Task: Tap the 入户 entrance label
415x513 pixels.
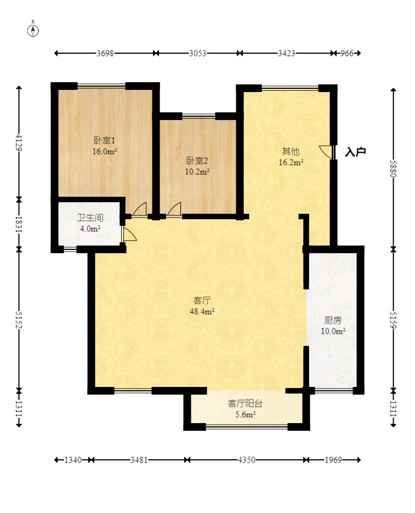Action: [355, 152]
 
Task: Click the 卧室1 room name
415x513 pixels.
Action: [104, 140]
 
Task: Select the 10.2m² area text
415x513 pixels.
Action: [197, 172]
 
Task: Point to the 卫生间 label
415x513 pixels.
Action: [90, 218]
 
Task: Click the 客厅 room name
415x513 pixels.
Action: [202, 300]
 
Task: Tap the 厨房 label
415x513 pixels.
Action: [333, 320]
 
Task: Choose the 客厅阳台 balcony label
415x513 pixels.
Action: [245, 403]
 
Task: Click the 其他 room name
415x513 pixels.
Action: [291, 151]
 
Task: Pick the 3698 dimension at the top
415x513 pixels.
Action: [105, 53]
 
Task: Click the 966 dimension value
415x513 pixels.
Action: [347, 53]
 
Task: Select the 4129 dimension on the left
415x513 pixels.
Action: [19, 142]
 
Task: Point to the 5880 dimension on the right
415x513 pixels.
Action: [393, 169]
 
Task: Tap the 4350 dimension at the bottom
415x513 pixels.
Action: [247, 460]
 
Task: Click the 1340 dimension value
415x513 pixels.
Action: [73, 460]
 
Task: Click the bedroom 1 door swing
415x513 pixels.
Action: [140, 209]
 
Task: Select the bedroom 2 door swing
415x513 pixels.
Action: [174, 209]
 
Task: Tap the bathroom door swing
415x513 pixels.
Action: [129, 234]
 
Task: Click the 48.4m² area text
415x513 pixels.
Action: [202, 311]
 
